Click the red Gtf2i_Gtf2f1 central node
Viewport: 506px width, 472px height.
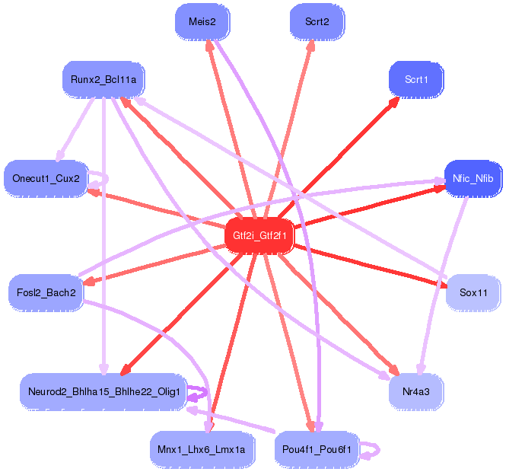point(259,235)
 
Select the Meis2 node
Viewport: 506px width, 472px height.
point(202,22)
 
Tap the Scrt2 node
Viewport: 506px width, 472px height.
point(317,22)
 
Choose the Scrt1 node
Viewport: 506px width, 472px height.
point(415,79)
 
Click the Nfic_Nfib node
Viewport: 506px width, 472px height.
point(473,179)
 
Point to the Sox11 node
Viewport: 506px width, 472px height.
point(473,292)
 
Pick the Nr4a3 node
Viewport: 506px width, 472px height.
point(415,392)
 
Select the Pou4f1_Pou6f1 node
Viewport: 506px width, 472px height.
point(316,449)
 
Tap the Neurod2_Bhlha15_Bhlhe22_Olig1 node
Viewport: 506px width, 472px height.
point(103,392)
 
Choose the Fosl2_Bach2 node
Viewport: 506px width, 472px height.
point(46,292)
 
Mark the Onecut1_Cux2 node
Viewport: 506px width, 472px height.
point(46,179)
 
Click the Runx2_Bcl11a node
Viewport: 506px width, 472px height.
point(103,79)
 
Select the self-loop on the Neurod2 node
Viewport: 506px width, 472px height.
point(199,393)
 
